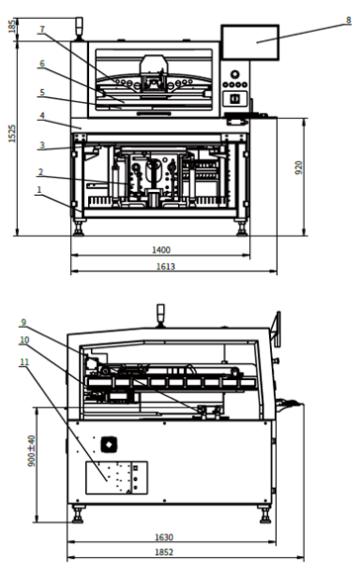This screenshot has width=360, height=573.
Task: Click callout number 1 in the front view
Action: click(38, 189)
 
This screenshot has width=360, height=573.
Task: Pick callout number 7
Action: click(41, 30)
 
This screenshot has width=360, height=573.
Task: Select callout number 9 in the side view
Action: click(23, 323)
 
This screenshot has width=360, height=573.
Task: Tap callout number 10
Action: click(23, 341)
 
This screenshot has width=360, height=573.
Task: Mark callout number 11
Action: click(23, 361)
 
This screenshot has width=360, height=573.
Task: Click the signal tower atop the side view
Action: click(159, 310)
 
